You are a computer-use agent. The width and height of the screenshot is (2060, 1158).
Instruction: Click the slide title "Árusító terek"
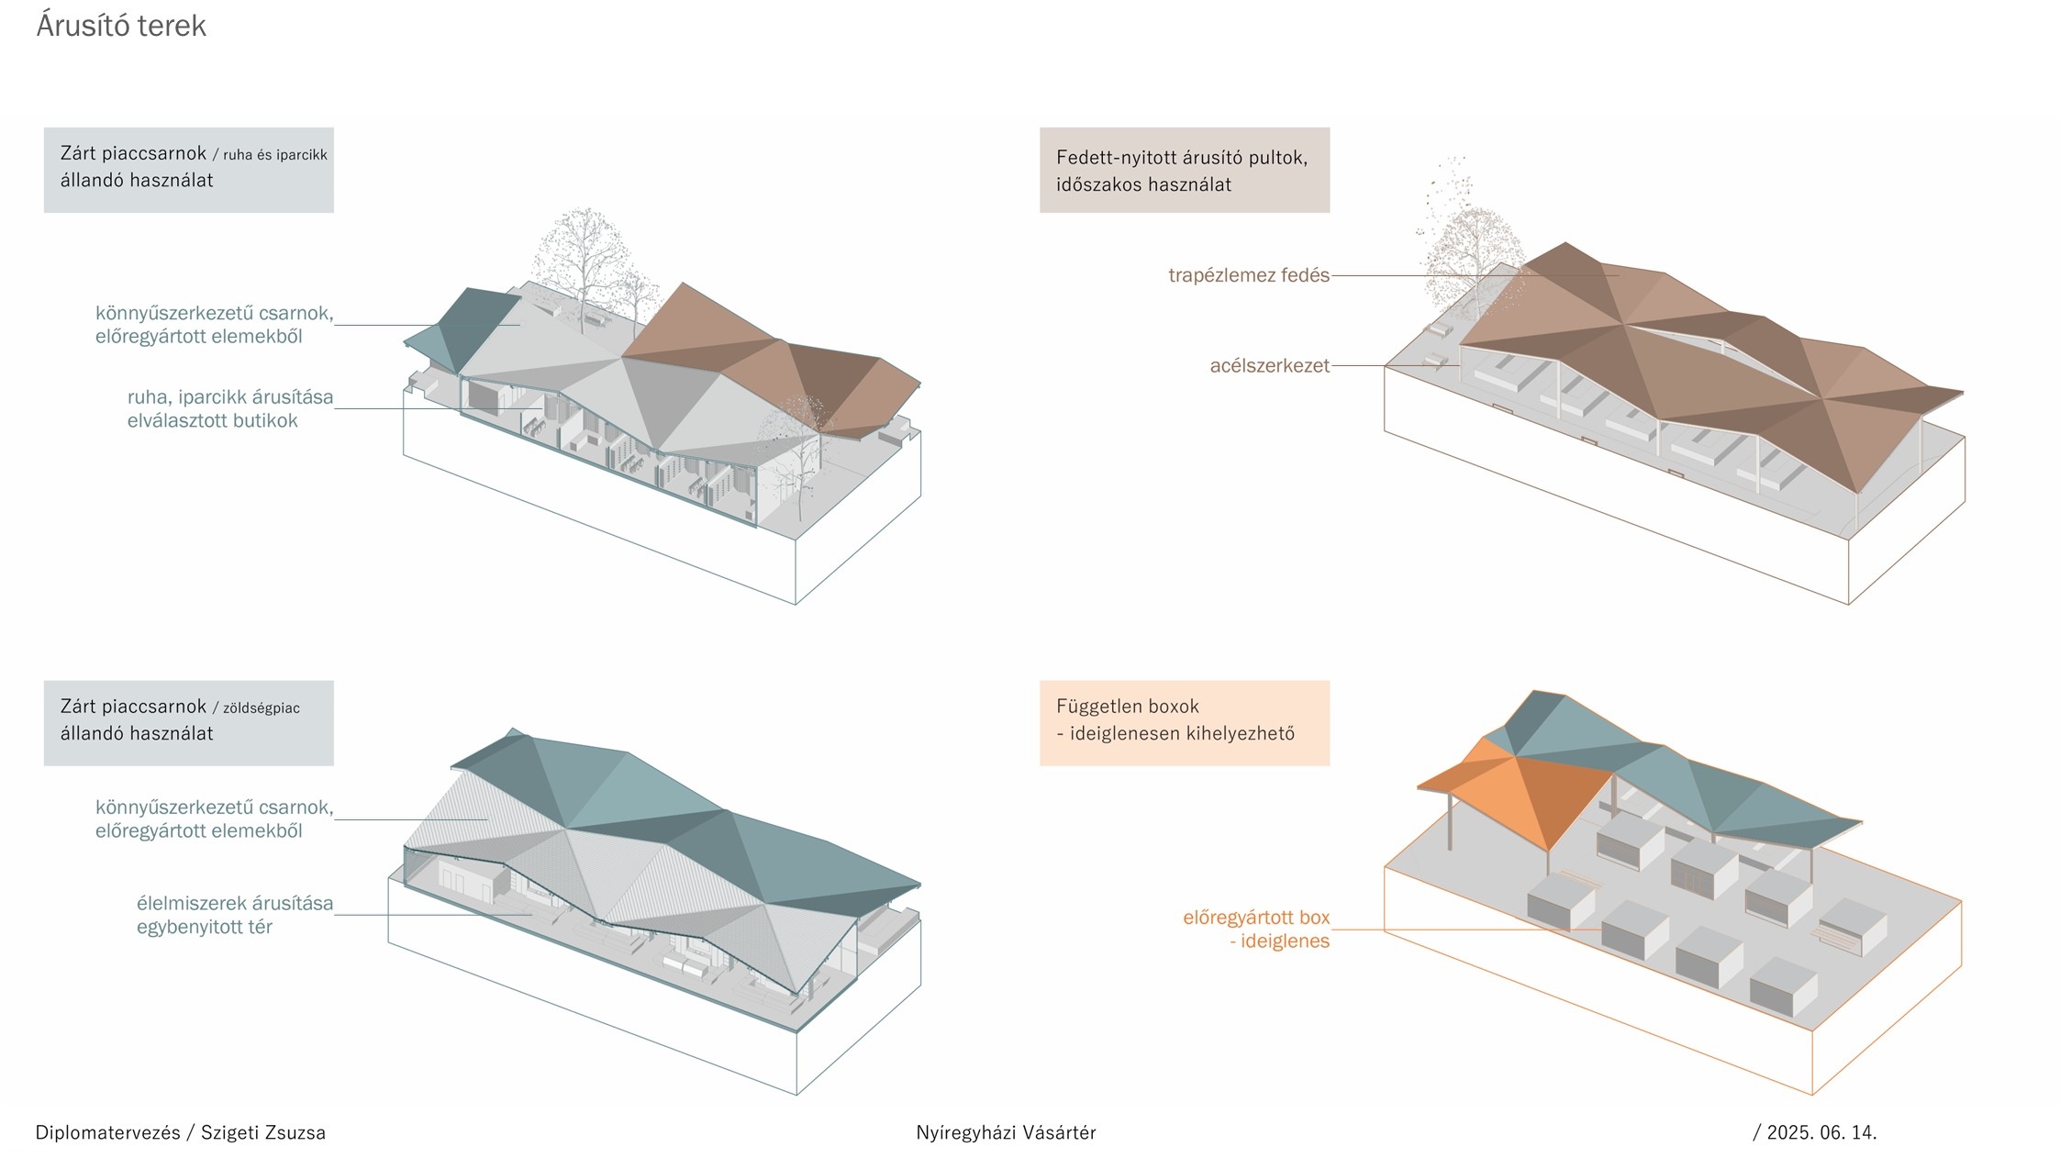click(121, 26)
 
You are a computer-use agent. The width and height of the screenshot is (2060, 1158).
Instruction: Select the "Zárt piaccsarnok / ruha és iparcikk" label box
click(188, 170)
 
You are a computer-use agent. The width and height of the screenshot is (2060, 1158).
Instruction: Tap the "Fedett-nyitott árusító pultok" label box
click(1184, 171)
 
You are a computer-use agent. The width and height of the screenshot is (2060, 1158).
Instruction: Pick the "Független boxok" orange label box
click(1184, 722)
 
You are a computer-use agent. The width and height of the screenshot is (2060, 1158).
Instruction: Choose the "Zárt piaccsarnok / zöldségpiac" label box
click(188, 722)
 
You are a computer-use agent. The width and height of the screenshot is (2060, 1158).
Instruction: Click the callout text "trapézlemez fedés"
click(1248, 275)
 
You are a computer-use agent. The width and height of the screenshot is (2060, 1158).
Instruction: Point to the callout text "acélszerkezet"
click(1269, 366)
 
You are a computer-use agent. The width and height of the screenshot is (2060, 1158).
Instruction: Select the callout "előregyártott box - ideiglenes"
click(1255, 929)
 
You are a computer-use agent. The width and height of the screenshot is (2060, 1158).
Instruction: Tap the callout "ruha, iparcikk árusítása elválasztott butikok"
click(229, 409)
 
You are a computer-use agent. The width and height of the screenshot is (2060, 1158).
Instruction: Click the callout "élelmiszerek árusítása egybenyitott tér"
click(234, 915)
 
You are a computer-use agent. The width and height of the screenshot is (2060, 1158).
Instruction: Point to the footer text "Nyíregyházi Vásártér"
click(1006, 1132)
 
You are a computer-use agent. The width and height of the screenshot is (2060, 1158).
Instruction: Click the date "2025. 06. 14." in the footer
click(1821, 1132)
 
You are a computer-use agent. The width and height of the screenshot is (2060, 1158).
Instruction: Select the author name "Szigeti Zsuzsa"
click(263, 1132)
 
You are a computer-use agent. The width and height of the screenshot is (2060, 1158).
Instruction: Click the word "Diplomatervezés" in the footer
click(107, 1132)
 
